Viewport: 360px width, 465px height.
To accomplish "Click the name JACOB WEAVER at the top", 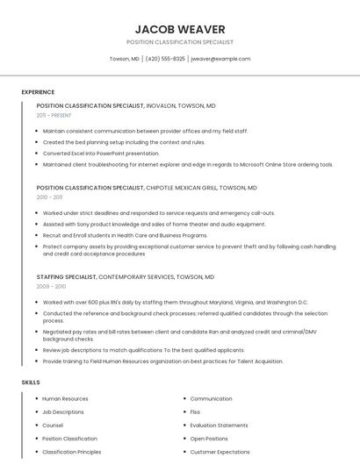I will point(180,29).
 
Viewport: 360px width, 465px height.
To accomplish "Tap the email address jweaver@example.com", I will point(220,59).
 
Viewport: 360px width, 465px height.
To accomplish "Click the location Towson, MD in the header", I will point(124,59).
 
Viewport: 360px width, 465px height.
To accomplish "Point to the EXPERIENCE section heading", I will point(38,92).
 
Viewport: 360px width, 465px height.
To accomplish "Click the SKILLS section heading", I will point(31,383).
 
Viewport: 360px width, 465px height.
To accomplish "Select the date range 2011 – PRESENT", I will point(54,115).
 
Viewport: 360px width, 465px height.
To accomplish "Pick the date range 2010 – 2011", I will point(49,197).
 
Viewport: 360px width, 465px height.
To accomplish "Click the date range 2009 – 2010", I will point(50,287).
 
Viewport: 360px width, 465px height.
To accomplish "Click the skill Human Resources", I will point(65,399).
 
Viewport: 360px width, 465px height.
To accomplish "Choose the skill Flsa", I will point(195,412).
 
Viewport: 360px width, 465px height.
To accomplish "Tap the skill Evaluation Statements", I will point(219,426).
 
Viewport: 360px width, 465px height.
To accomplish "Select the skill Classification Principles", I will point(72,452).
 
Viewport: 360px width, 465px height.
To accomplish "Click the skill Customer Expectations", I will point(220,452).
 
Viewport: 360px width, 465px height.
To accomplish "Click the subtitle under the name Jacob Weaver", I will point(180,41).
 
